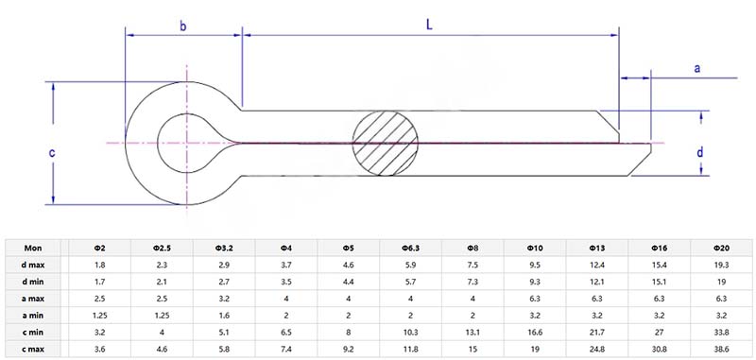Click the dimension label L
tap(429, 26)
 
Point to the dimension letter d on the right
tap(700, 152)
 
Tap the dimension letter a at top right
tap(696, 68)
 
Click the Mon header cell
tap(33, 248)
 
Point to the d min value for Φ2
tap(99, 282)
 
